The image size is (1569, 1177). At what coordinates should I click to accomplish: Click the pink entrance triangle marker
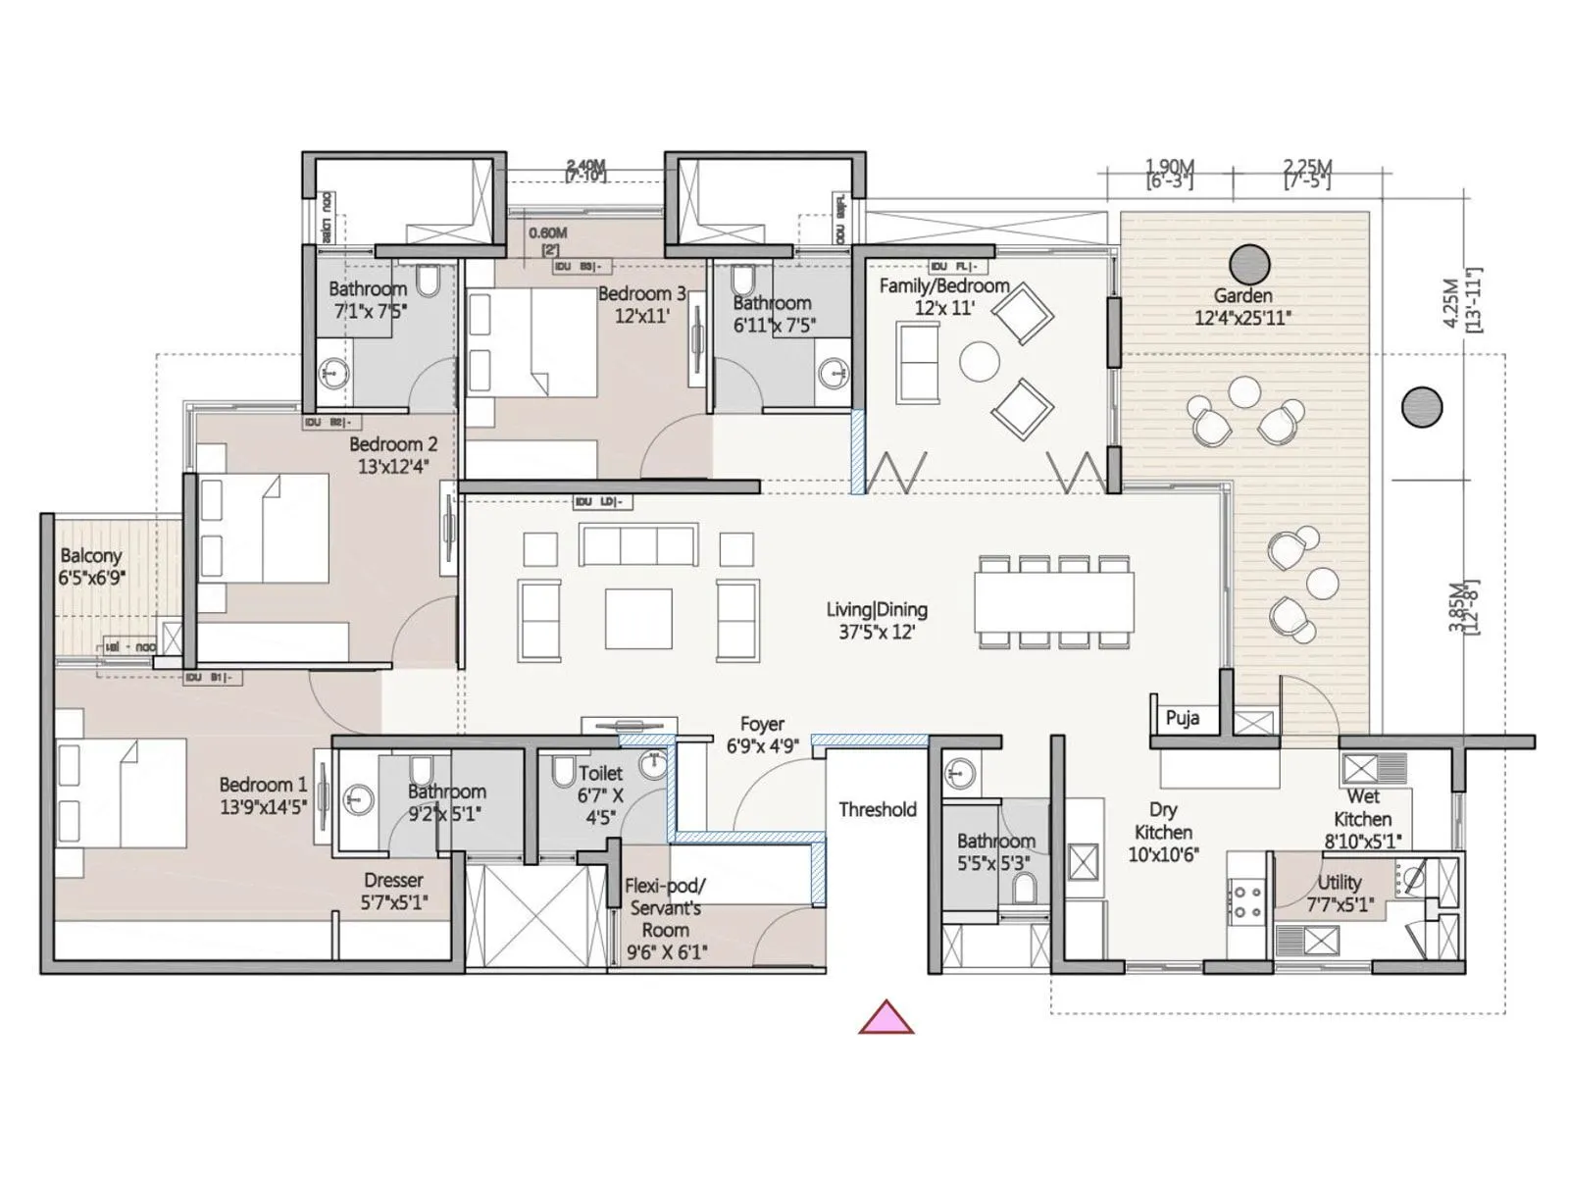click(x=886, y=1020)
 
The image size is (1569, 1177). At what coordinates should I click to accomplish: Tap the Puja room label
click(x=1183, y=718)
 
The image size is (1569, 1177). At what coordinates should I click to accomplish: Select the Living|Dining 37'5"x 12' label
click(x=876, y=621)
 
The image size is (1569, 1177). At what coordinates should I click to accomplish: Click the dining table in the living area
click(x=1054, y=602)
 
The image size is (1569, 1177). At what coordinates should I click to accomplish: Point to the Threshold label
click(x=877, y=809)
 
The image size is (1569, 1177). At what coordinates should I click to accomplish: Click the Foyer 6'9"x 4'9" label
click(x=762, y=735)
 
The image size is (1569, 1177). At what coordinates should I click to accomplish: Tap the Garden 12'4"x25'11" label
click(x=1242, y=306)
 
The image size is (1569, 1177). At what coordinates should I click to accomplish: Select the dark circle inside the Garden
click(x=1249, y=264)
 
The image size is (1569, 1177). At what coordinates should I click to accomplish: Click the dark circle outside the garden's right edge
click(x=1421, y=407)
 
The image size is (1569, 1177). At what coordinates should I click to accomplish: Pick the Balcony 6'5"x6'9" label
click(x=91, y=567)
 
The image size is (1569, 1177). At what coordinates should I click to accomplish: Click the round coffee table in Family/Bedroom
click(x=979, y=361)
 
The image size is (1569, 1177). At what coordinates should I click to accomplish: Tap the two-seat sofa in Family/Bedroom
click(x=918, y=362)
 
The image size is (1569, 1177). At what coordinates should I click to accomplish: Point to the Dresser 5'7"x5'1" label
click(x=393, y=892)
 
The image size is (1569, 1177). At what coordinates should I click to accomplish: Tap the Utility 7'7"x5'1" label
click(x=1339, y=893)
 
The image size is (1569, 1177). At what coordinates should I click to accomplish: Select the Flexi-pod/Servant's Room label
click(x=665, y=918)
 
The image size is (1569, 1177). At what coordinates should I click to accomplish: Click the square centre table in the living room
click(x=637, y=619)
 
